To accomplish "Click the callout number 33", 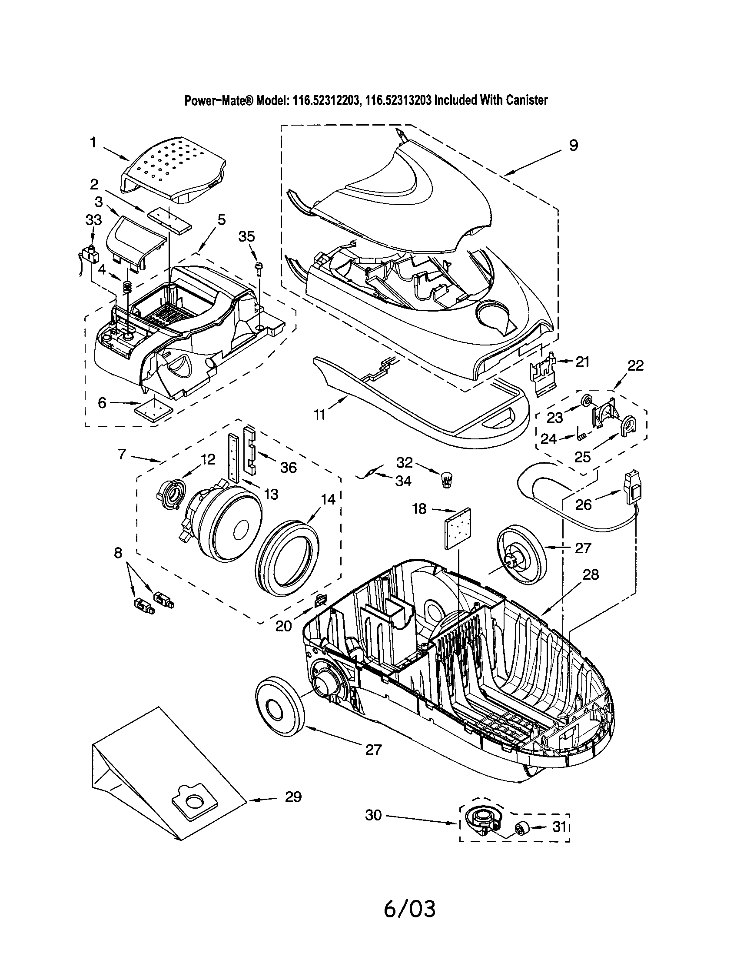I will pos(93,220).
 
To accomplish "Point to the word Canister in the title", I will pos(527,100).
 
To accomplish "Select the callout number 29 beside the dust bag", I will pos(293,797).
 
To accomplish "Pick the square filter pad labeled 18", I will pos(457,529).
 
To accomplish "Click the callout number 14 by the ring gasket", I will pos(328,499).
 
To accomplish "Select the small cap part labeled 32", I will pos(446,480).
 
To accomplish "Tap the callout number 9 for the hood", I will pos(573,146).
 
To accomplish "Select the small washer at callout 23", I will pos(588,399).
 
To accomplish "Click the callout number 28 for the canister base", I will pos(591,574).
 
